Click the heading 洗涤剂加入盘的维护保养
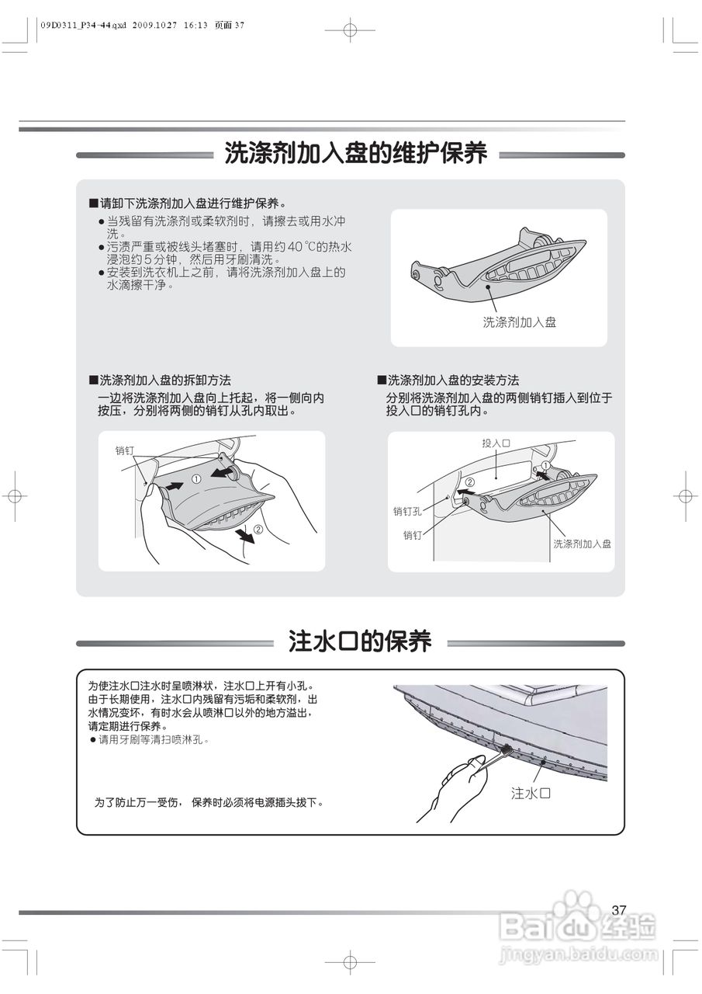(355, 154)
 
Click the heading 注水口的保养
(360, 641)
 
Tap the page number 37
(618, 910)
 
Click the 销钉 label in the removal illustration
(125, 450)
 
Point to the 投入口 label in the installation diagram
(496, 443)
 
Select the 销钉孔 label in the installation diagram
(407, 511)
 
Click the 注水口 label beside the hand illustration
(531, 793)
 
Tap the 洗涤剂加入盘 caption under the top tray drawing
(519, 321)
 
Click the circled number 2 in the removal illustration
(259, 530)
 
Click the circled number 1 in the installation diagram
(545, 466)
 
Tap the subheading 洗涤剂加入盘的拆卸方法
(164, 381)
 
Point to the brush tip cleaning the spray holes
(505, 749)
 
